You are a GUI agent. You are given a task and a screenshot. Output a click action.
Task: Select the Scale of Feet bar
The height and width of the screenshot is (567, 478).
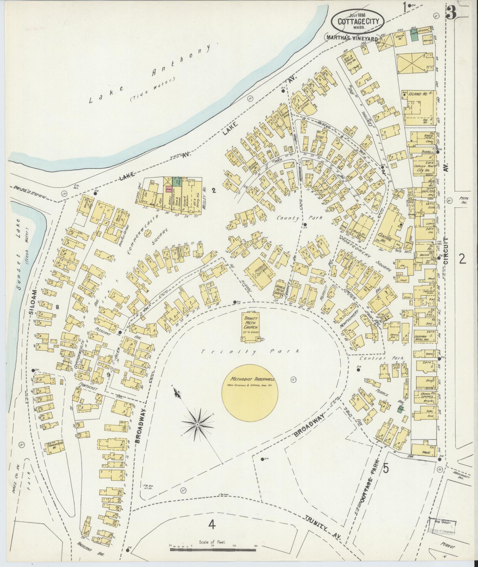213,550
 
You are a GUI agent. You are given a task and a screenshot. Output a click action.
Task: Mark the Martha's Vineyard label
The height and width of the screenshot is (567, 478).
352,38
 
